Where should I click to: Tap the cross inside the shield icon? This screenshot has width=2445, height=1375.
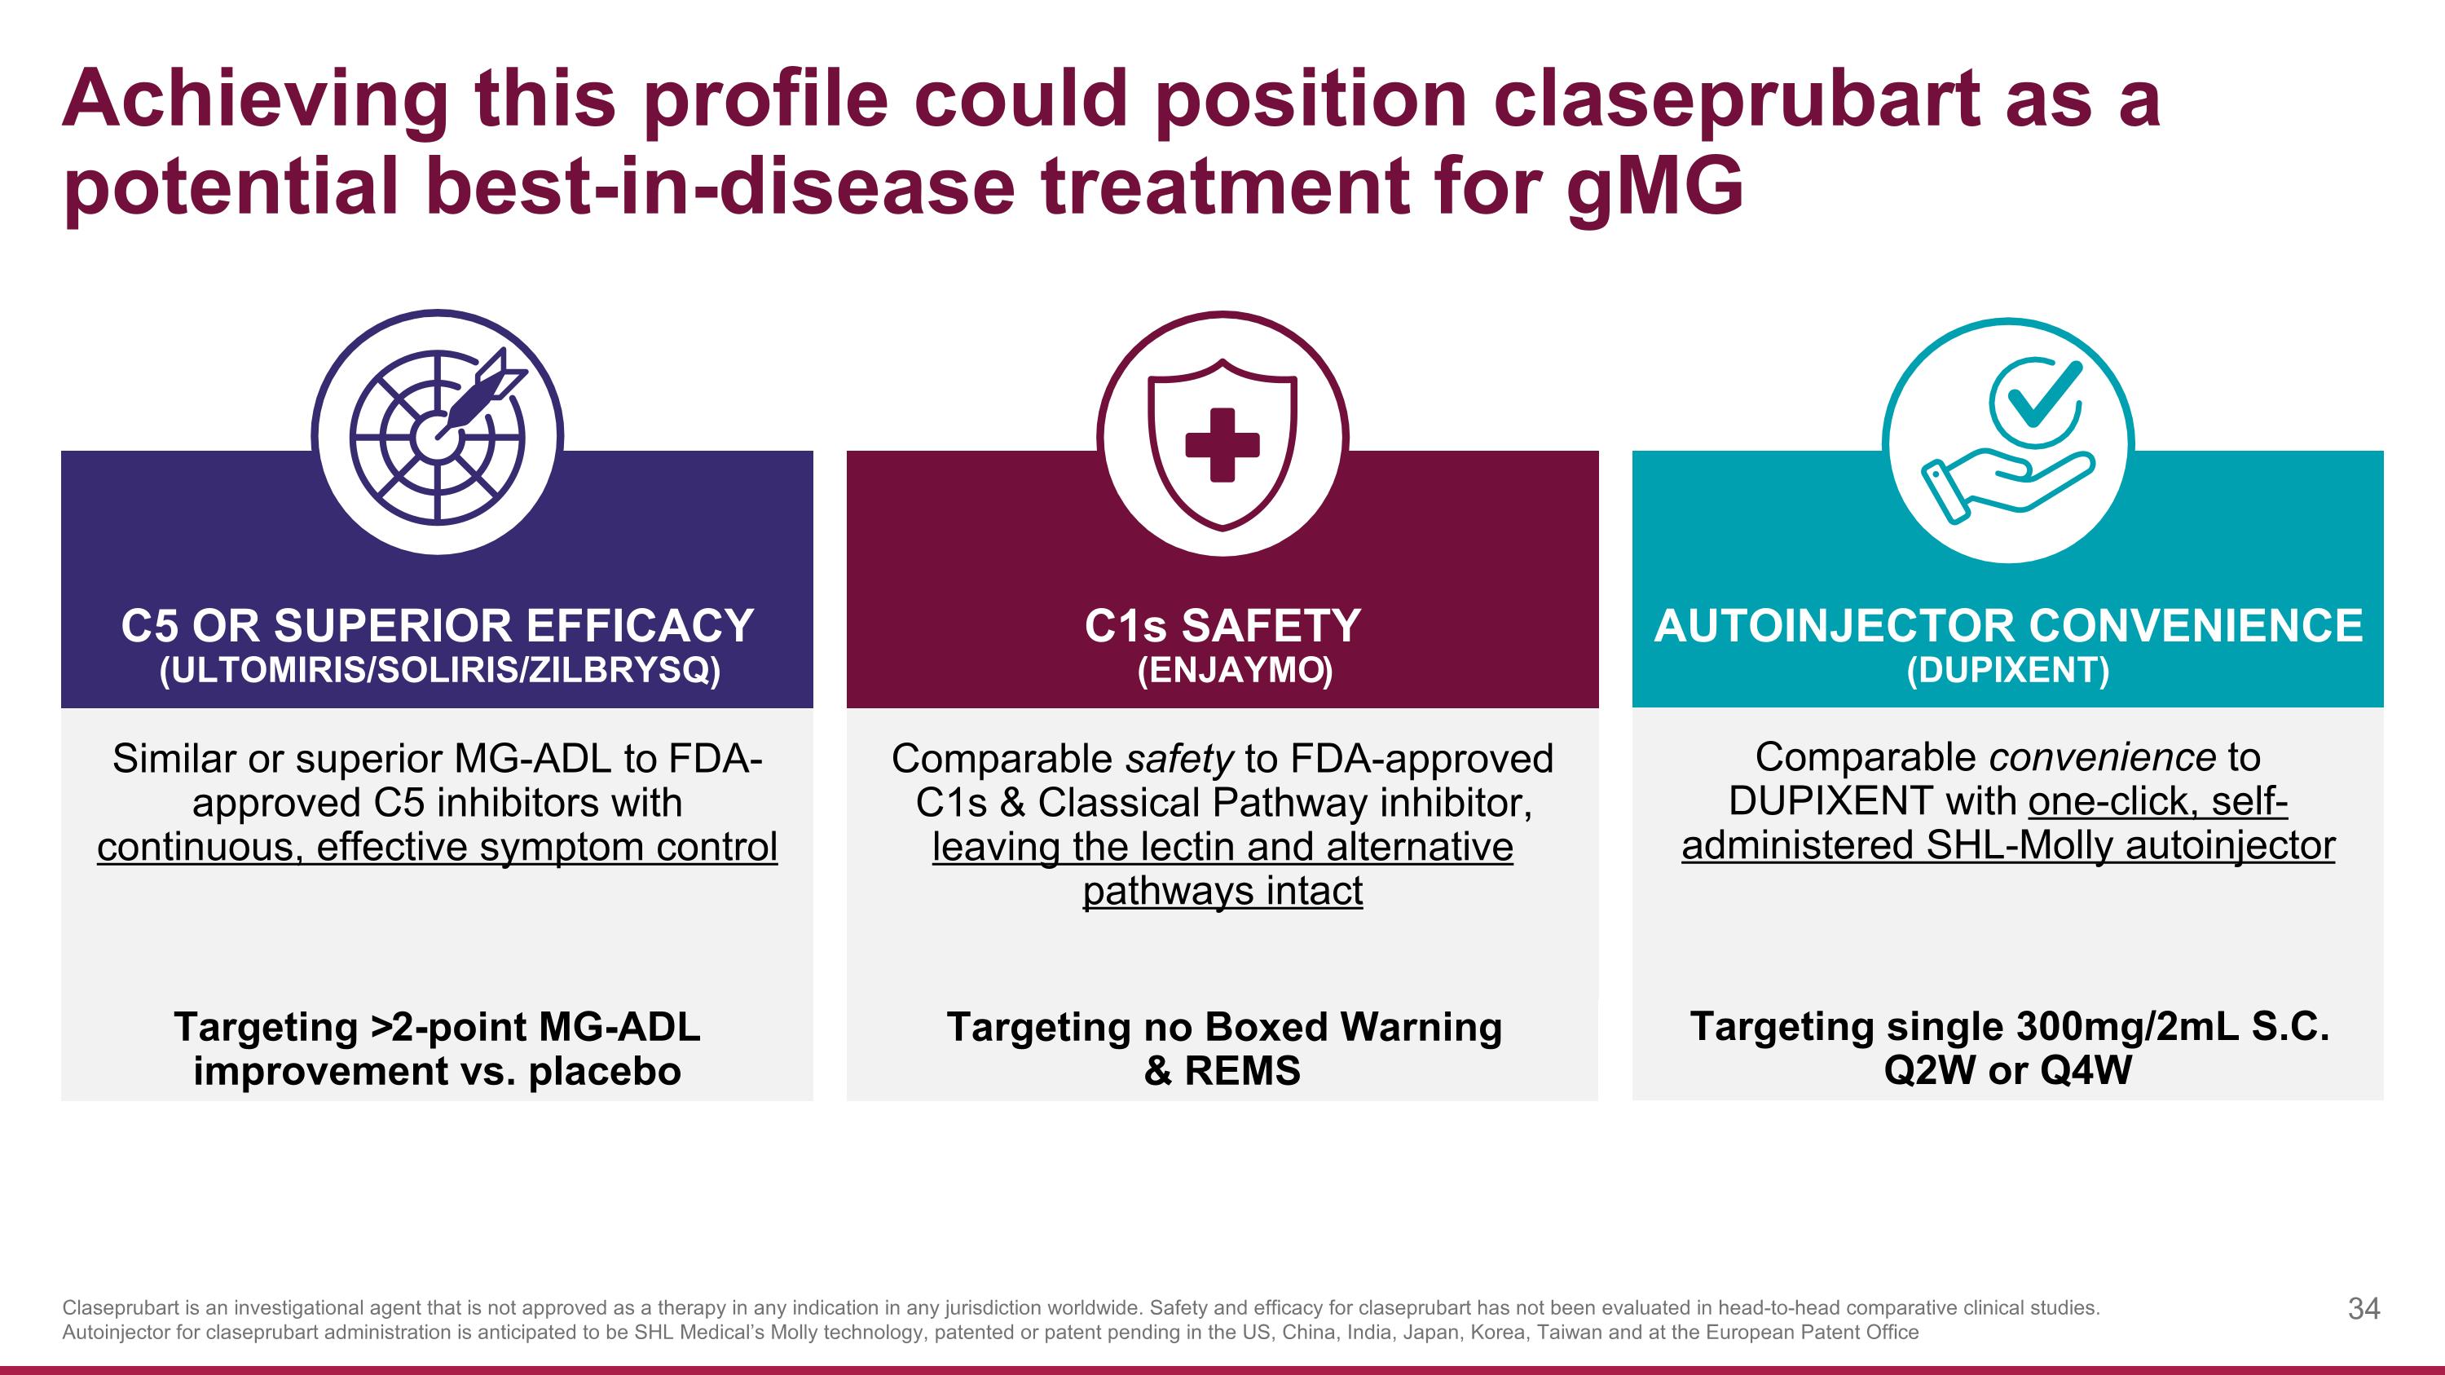1222,444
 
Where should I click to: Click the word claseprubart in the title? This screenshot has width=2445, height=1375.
1737,99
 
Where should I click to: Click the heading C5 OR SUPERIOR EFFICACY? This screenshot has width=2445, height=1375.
437,626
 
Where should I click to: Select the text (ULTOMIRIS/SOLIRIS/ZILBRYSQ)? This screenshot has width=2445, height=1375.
438,671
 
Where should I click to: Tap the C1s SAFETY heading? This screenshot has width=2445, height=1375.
1222,626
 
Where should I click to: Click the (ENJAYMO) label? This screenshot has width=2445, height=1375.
1235,671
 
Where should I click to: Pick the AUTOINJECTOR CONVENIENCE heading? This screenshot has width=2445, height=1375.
2007,626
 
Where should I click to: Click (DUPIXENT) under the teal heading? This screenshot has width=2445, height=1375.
2007,671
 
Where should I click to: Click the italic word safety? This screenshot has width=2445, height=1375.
1178,759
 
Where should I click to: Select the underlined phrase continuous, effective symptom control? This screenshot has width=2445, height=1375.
437,847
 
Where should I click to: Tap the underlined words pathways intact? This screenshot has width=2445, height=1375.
1222,891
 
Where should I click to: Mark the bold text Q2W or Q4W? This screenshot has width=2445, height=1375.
2007,1070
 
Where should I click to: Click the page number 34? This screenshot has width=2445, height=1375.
2363,1309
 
